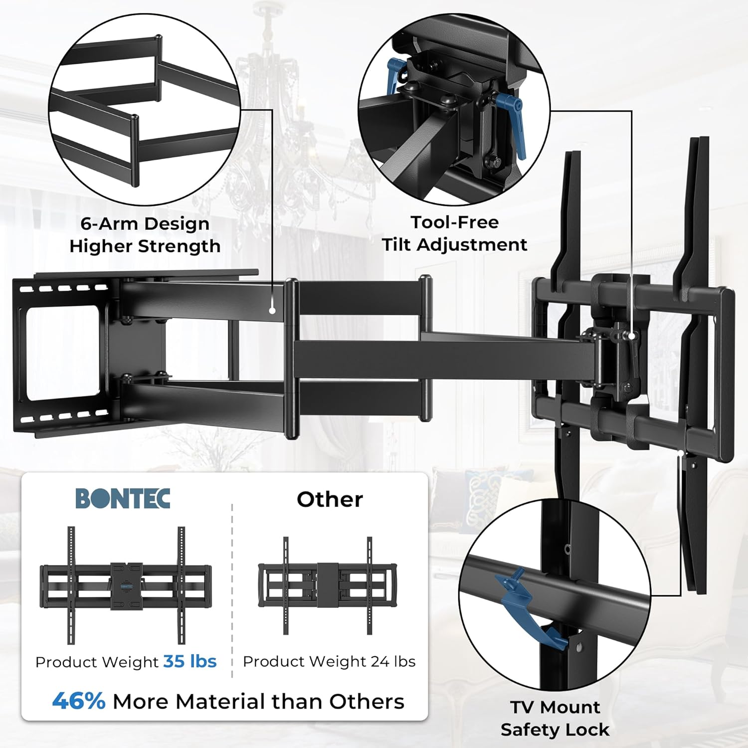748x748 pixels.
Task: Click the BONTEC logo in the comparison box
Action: coord(123,498)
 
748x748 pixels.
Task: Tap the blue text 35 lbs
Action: coord(190,661)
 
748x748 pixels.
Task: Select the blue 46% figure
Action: coord(79,701)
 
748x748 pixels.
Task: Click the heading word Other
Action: coord(330,499)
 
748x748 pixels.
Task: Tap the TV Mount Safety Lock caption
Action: coord(555,718)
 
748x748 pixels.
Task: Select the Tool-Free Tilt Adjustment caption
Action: coord(454,233)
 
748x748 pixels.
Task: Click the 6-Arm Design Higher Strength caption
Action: coord(145,235)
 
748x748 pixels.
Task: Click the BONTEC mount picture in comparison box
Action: coord(126,585)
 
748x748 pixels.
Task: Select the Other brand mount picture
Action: coord(328,585)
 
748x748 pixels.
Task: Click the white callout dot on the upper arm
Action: coord(272,310)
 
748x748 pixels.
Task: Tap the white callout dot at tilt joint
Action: coord(632,336)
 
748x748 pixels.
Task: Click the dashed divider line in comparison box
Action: coord(232,588)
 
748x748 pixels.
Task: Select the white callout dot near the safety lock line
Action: coord(681,453)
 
